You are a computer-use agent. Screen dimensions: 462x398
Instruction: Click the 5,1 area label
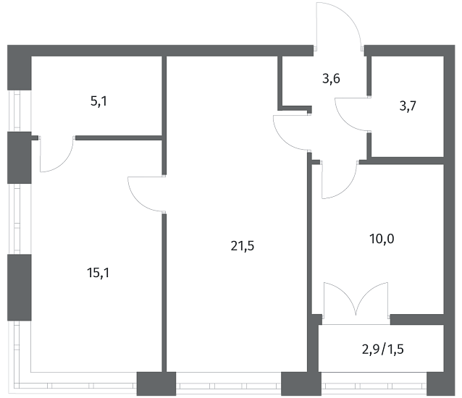[98, 102]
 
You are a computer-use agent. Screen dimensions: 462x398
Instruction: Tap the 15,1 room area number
[98, 273]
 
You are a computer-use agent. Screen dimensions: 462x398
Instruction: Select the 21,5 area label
[242, 246]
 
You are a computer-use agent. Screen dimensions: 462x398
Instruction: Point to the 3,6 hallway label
[331, 79]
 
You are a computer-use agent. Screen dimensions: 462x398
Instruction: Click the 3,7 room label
[408, 106]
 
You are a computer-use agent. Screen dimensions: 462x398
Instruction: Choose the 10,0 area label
[382, 239]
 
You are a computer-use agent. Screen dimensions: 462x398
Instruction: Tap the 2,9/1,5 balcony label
[383, 350]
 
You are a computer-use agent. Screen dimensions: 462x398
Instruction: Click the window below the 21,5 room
[228, 384]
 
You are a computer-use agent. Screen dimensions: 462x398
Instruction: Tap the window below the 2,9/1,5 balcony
[374, 384]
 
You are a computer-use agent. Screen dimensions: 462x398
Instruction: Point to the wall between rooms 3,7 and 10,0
[407, 161]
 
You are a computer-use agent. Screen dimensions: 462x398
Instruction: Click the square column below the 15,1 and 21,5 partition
[156, 384]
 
